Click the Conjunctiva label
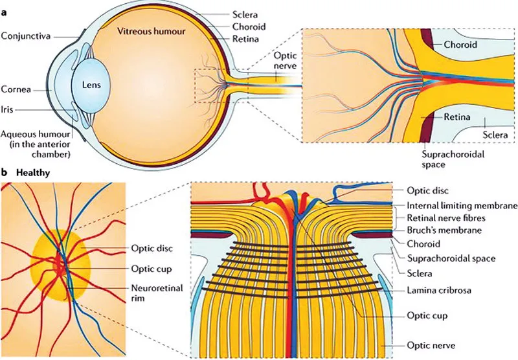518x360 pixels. click(26, 34)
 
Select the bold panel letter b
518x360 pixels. click(5, 174)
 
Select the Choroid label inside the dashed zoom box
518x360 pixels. click(460, 45)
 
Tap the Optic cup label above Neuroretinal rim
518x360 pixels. click(146, 267)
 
